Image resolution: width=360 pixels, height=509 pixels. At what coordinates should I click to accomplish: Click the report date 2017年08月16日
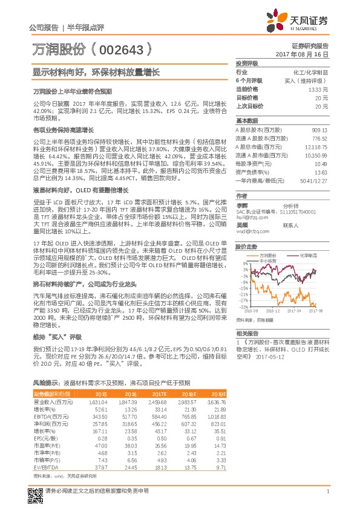point(306,54)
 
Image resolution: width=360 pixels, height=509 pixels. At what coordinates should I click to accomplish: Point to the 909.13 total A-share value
point(320,130)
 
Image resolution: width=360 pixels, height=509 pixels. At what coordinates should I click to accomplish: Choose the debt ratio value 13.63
point(321,172)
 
